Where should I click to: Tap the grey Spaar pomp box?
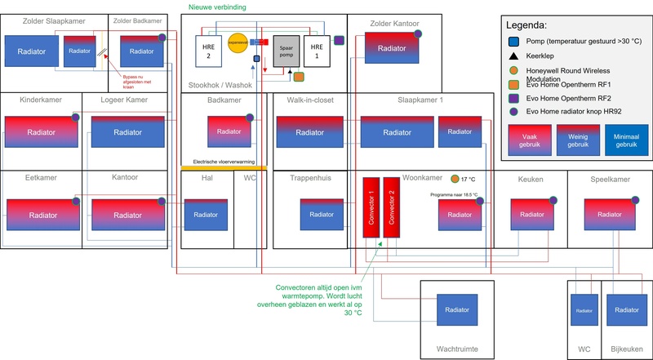286,51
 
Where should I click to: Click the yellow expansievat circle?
238,43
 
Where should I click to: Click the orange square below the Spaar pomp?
299,77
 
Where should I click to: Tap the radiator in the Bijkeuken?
625,311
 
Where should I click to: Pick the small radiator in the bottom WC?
584,311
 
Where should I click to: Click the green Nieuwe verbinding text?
217,7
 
